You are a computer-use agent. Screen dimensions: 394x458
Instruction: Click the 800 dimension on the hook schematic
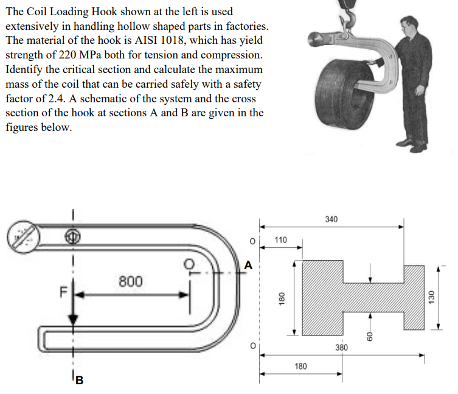[x=131, y=281]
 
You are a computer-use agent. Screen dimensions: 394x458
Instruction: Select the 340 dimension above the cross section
[x=331, y=219]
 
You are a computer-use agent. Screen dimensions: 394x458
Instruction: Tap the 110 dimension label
[x=280, y=240]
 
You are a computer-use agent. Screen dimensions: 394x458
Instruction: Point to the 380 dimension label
[x=342, y=348]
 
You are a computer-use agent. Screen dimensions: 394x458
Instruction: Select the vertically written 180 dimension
[x=281, y=298]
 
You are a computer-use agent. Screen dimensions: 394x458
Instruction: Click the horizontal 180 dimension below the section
[x=300, y=366]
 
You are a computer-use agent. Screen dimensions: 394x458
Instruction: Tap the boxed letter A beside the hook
[x=247, y=266]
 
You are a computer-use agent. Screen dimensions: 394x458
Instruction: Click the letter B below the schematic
[x=78, y=381]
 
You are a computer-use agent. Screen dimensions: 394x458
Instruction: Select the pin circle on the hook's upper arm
[x=73, y=236]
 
